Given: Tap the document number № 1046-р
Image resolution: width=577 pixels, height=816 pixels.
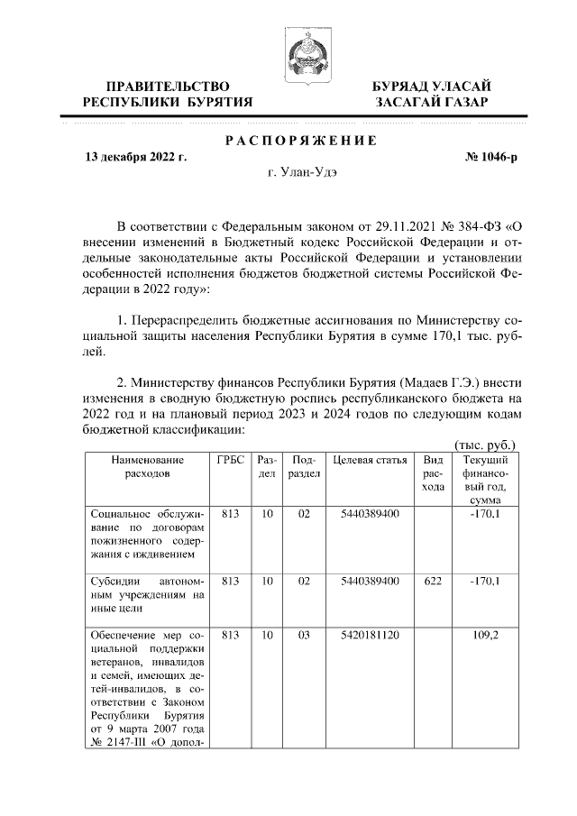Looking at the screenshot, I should (490, 157).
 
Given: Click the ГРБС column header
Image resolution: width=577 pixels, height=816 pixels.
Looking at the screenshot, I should (230, 460).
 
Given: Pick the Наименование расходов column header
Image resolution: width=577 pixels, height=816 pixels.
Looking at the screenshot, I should (147, 466).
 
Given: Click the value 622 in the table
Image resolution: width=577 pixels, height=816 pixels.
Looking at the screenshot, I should (433, 582).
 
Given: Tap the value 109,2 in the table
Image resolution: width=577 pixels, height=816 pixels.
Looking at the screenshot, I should (486, 636).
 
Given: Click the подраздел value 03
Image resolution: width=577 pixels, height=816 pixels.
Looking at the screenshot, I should (303, 636).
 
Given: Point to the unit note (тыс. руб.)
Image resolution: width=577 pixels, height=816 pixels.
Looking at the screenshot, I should (485, 445).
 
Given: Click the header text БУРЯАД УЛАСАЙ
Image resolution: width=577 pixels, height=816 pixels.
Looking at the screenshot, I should (432, 86).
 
